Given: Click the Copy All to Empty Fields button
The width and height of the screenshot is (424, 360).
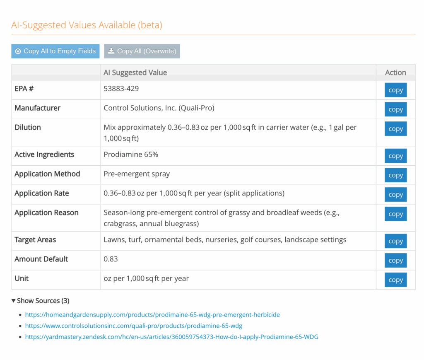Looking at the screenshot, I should tap(55, 51).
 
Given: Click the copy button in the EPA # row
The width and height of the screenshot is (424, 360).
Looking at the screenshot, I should tap(395, 90).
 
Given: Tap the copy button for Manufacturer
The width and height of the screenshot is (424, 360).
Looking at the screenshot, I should tap(395, 109).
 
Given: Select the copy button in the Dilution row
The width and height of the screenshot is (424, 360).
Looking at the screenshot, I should tap(395, 129).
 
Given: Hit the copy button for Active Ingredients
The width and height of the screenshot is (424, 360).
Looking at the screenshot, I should tap(395, 156).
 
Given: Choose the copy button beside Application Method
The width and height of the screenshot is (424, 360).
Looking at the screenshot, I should tap(395, 175).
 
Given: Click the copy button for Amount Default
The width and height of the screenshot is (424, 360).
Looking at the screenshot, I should tap(395, 261).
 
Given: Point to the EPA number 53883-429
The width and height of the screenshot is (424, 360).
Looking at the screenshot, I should tap(121, 89).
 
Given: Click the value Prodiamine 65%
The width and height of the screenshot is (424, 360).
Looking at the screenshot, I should tap(131, 155).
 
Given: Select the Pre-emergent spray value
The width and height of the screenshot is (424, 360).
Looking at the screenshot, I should tap(137, 174).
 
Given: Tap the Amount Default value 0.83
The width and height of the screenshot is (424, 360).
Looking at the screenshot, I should tap(111, 259).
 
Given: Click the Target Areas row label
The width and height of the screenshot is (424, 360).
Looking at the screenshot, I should tap(35, 240).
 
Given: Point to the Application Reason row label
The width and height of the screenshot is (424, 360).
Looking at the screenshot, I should tap(46, 213).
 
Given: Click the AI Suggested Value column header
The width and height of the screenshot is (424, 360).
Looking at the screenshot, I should tap(135, 72).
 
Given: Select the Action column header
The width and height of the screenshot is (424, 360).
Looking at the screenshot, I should tap(395, 72).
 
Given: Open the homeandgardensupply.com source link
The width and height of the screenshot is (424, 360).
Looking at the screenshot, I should tap(152, 315).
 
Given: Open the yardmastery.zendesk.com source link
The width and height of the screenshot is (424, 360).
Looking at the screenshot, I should tap(171, 337).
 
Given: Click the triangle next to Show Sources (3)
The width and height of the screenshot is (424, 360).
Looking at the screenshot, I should tap(14, 301).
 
